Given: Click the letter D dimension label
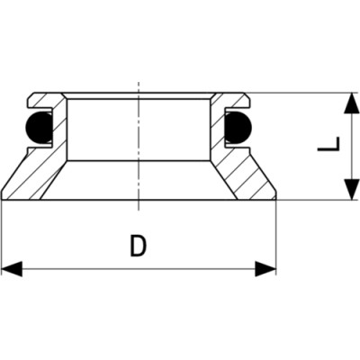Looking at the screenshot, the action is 139,246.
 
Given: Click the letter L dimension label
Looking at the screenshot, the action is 328,144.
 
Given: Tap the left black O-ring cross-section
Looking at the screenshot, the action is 38,126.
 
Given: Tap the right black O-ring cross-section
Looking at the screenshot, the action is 238,127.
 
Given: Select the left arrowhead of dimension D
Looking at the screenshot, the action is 12,269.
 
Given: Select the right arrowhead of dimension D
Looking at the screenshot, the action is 265,269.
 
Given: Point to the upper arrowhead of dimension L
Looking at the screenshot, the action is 352,103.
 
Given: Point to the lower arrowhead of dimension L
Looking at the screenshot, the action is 352,189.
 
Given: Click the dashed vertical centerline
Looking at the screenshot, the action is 139,146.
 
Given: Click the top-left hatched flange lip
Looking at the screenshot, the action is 45,100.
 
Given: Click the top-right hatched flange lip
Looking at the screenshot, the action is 231,100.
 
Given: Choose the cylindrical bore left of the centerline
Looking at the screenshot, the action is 103,130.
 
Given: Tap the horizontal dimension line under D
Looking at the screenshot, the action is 139,269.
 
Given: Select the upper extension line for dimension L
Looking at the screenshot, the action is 300,93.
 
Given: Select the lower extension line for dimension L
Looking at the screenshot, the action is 318,200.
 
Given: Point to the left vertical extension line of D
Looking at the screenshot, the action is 2,238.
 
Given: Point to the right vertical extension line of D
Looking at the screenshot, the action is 276,238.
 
